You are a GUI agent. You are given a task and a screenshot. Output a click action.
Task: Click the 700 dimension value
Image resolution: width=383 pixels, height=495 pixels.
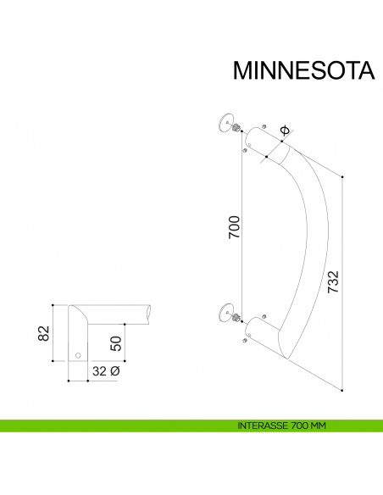236,227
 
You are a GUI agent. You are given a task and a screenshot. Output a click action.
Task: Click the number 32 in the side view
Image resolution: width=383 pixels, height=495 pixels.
100,371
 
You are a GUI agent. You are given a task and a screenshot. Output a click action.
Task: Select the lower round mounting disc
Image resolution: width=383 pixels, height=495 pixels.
225,312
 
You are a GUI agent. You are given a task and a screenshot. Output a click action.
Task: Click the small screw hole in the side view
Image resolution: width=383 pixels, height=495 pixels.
78,353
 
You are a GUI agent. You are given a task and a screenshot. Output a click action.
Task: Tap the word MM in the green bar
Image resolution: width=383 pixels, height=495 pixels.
317,425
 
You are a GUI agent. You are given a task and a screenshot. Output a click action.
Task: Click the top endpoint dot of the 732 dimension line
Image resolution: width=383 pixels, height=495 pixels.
343,176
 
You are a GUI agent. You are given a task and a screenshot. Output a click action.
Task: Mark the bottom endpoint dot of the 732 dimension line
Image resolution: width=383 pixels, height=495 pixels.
343,390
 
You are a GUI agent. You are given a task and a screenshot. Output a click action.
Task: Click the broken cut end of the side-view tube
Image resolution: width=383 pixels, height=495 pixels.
150,314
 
